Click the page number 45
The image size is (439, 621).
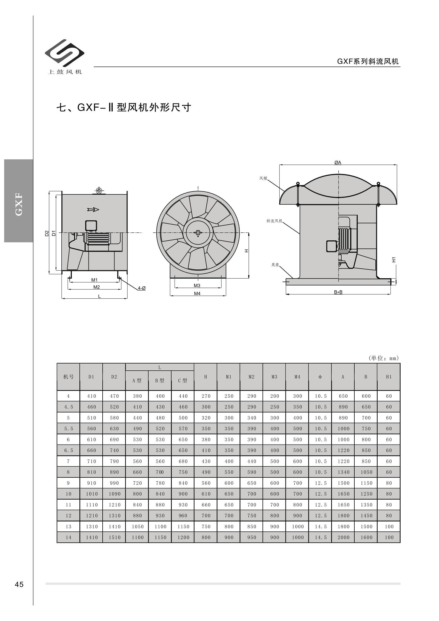(x=19, y=584)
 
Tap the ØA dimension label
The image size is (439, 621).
(x=338, y=163)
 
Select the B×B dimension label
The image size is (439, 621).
(x=338, y=292)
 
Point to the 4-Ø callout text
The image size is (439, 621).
(x=142, y=288)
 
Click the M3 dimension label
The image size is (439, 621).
(x=197, y=285)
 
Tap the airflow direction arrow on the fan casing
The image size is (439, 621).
(x=93, y=210)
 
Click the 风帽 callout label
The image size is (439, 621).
(x=263, y=178)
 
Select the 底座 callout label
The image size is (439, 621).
(x=275, y=265)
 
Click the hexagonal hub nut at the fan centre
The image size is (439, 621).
(x=198, y=233)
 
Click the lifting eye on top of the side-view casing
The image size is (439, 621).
(x=99, y=191)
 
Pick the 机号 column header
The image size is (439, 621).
(x=68, y=377)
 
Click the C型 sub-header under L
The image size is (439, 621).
(x=183, y=381)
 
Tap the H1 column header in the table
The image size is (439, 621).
(x=389, y=377)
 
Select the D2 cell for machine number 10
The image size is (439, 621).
(x=114, y=494)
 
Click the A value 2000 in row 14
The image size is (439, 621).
(x=343, y=537)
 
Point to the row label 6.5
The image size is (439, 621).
(x=68, y=450)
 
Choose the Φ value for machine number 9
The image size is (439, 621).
(x=320, y=483)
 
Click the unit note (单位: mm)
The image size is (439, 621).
(x=384, y=358)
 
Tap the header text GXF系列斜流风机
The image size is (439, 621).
(x=368, y=61)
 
